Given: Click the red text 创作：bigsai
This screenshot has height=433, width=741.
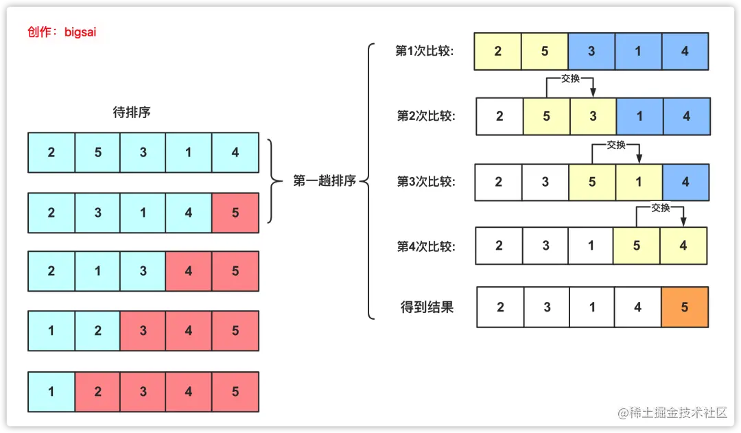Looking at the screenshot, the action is coord(62,32).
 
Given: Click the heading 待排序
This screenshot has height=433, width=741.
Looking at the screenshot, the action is coord(131,112).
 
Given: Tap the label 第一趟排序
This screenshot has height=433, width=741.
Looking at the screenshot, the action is coord(325,181).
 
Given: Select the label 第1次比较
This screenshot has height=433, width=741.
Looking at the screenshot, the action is coord(425,51).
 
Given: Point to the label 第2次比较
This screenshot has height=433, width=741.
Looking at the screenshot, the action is coord(425,116).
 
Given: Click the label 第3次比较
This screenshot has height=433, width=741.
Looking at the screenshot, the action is coord(425,181).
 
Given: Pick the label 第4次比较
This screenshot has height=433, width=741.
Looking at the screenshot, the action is coord(425,246).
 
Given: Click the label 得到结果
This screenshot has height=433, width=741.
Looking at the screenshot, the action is coord(427,307).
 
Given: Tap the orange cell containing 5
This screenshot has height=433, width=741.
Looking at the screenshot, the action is coord(685,307).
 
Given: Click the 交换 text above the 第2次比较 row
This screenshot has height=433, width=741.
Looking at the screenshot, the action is coord(570,78).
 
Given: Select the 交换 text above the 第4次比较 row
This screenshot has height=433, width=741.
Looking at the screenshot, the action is coord(660,208).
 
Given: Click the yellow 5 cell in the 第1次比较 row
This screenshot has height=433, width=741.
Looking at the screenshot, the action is coord(544,51).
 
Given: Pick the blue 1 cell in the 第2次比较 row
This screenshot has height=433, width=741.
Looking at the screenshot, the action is coord(639,117).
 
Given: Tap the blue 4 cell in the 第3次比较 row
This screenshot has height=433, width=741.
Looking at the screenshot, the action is coord(685,182).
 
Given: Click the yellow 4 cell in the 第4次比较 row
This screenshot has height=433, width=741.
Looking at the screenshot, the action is coord(683,246).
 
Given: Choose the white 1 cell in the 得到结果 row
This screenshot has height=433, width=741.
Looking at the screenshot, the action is coord(592,307).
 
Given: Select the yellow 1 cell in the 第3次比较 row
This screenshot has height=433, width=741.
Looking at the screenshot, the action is coord(639,182).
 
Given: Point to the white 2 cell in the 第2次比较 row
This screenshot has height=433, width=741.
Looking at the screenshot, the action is coord(499,117).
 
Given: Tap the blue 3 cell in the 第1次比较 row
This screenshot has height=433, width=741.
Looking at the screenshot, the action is coord(591,51).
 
